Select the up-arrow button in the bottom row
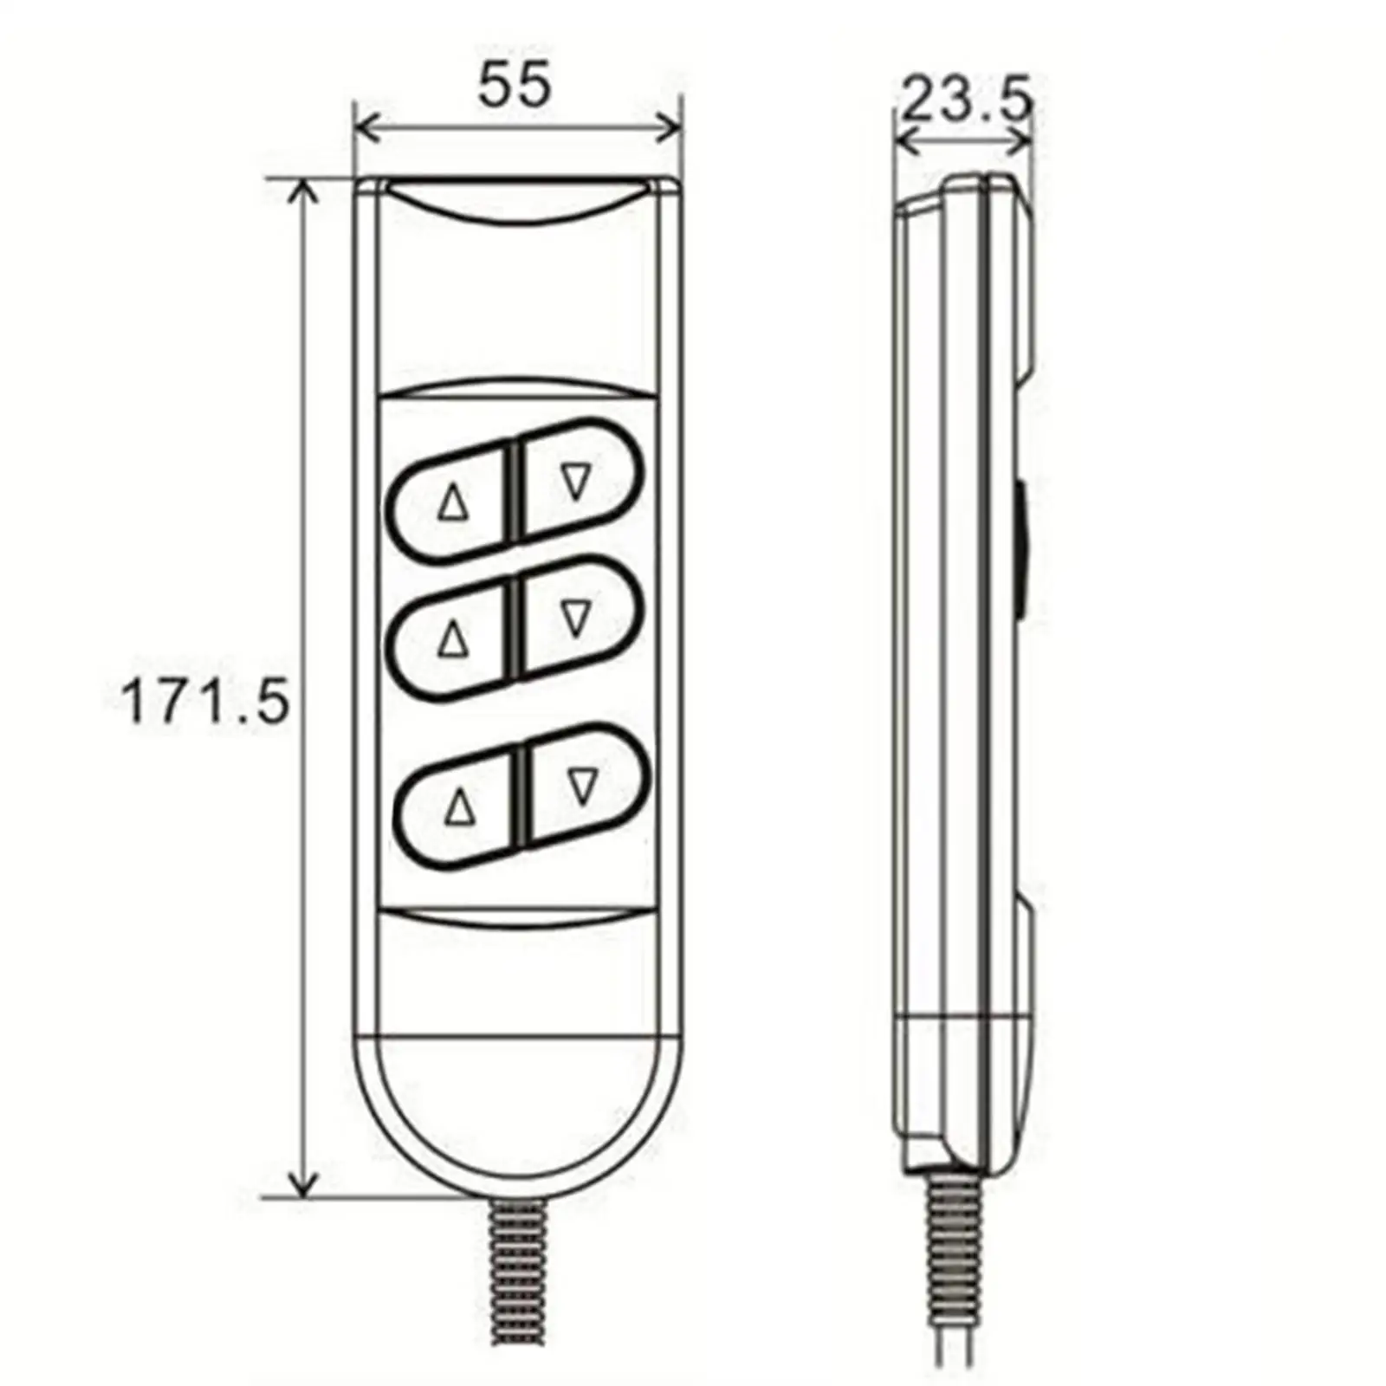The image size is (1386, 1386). [459, 809]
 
